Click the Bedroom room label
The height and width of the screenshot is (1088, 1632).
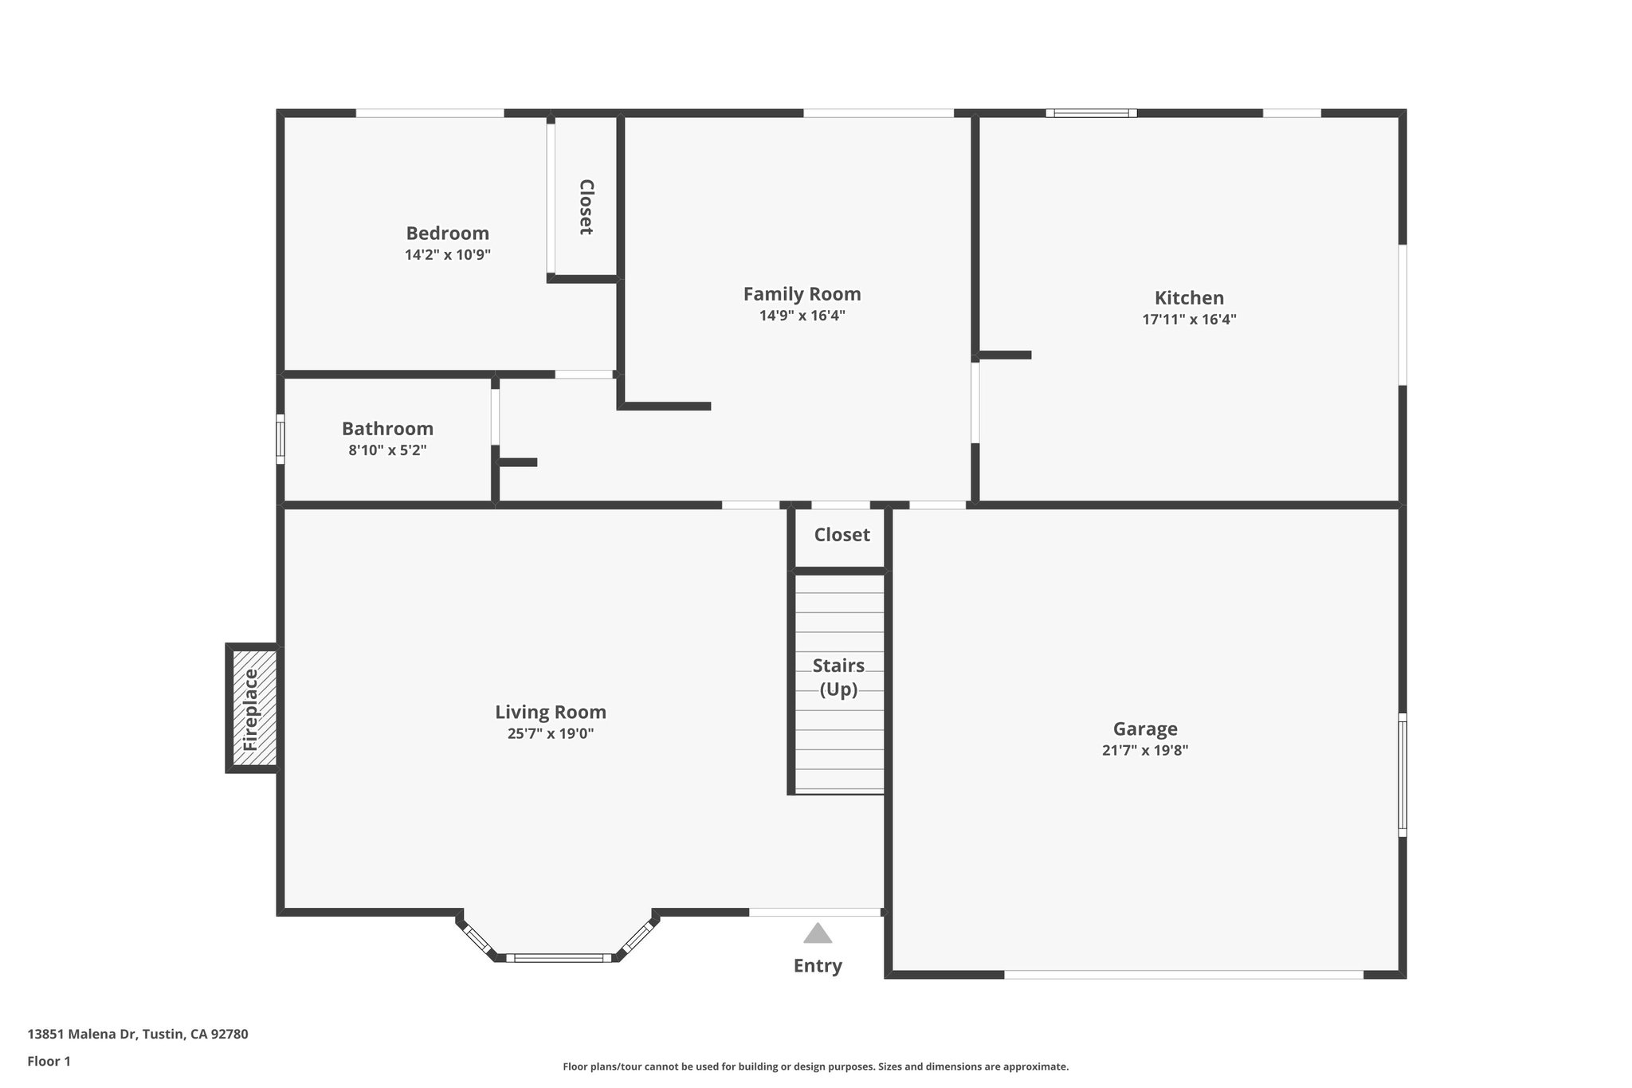click(447, 233)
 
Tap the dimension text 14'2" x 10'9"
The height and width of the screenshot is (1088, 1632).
click(447, 255)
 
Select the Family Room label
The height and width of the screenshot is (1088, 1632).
click(802, 293)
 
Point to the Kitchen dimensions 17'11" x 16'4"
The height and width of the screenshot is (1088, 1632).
click(1189, 320)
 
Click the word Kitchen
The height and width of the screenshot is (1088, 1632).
click(1189, 297)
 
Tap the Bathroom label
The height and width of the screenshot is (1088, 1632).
click(387, 428)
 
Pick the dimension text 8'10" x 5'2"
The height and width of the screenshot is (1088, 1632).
click(387, 450)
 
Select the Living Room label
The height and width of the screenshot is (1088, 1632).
click(551, 712)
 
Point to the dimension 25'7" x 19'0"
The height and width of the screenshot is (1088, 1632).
click(551, 734)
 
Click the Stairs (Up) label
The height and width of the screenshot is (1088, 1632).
click(838, 677)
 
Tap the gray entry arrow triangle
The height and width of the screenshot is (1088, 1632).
click(818, 933)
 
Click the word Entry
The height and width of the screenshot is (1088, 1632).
click(818, 966)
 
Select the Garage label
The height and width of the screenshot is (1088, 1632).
click(1145, 729)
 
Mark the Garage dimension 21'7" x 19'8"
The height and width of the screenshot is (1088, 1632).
click(1145, 751)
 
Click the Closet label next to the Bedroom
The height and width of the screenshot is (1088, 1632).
click(586, 206)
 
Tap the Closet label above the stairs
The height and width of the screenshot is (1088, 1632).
click(841, 535)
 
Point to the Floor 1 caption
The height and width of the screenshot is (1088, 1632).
click(49, 1061)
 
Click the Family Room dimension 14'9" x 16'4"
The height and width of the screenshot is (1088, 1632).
click(802, 316)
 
